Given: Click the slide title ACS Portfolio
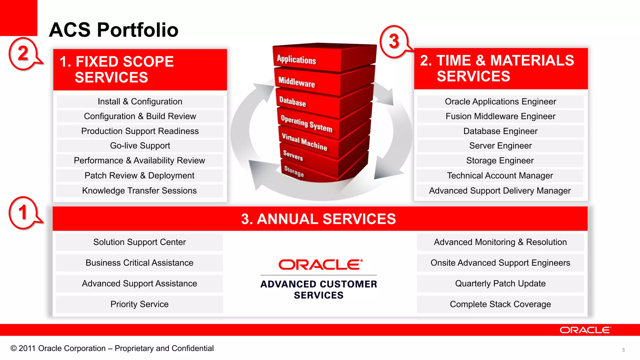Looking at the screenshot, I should coord(113,30).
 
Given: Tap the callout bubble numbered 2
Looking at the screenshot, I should coord(23,53).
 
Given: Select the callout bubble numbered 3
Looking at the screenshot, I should coord(394,42).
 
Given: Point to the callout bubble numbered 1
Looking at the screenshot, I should coord(23,213).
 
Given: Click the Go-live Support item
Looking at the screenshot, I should coord(140,146).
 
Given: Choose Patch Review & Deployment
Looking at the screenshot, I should coord(139,176).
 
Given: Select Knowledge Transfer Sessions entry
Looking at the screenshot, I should coord(139,191).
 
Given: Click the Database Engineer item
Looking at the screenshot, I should coord(500,131).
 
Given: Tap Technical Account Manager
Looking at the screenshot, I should coord(500,176).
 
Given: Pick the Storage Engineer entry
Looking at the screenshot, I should coord(500,161).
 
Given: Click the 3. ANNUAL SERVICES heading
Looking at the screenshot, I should coord(318,219).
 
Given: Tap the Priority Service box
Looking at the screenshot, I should coord(139,304).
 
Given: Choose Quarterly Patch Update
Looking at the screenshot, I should coord(500,284).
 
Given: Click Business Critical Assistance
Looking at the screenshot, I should coord(139,263).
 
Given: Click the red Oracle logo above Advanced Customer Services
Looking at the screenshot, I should coord(320,265).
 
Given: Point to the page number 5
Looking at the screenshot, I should coord(623,350).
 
